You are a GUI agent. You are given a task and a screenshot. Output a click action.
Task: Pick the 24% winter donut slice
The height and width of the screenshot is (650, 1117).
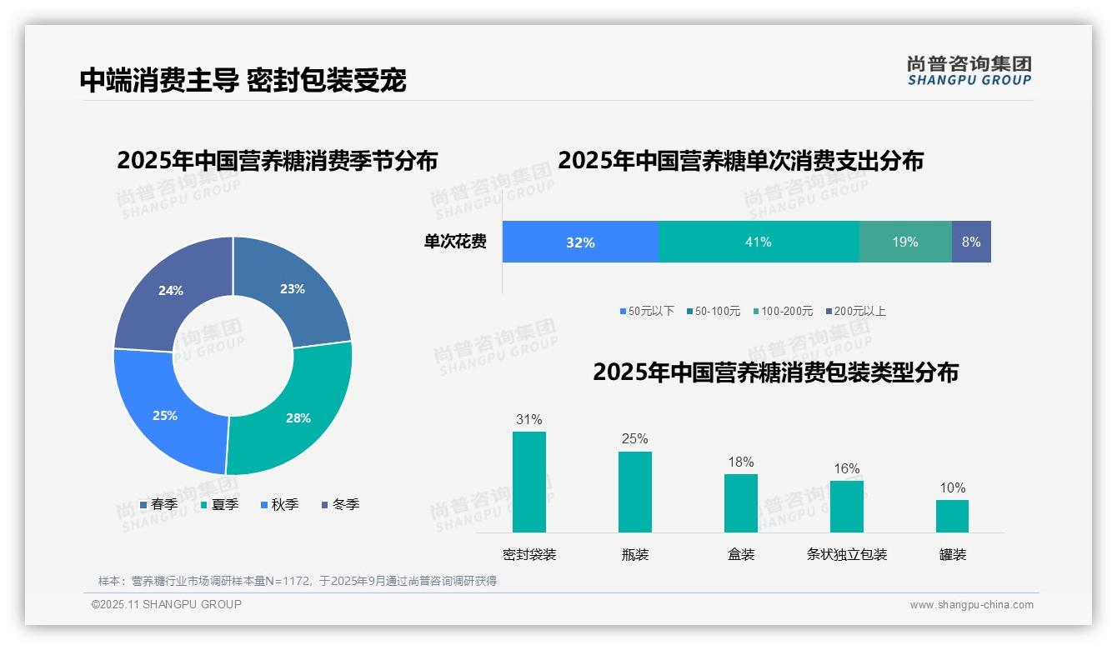click(167, 292)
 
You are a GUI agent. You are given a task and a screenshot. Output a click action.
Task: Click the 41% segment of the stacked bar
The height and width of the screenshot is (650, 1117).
click(759, 242)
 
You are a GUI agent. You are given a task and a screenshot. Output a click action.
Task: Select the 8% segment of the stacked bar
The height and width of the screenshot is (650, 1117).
click(971, 242)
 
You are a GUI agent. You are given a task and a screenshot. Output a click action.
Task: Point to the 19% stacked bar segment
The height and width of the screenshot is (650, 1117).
click(905, 242)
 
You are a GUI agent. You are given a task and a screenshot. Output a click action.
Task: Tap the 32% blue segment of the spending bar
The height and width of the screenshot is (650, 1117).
click(580, 242)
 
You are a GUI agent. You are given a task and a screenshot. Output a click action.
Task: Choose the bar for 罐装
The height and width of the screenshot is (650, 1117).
click(952, 516)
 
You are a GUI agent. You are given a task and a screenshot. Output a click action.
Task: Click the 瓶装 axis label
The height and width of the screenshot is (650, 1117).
click(635, 554)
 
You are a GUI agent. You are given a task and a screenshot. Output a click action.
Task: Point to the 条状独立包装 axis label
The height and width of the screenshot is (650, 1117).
click(847, 554)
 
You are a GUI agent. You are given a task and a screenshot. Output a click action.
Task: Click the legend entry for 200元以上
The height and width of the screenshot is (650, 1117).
click(855, 311)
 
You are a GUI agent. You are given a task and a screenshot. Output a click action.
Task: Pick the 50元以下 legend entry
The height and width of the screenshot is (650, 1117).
click(647, 311)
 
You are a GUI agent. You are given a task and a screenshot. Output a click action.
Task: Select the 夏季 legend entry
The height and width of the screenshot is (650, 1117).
click(220, 504)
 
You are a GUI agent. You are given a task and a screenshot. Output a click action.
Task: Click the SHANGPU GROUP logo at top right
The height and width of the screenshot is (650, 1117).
click(969, 71)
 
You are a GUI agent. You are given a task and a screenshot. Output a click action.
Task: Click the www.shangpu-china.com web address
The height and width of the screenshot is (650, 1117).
click(971, 604)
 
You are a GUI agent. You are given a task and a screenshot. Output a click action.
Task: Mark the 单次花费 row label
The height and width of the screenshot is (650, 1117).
click(455, 242)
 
